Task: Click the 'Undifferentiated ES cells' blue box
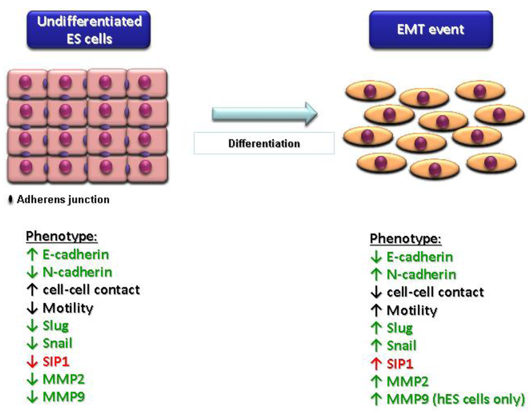tap(89, 30)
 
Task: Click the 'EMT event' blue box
tap(431, 30)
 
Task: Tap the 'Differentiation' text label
tap(264, 143)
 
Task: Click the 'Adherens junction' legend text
tap(63, 200)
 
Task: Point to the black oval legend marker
tap(11, 200)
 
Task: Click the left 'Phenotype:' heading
tap(62, 237)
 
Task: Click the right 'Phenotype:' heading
tap(406, 239)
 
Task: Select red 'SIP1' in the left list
tap(56, 361)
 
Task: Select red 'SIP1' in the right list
tap(400, 364)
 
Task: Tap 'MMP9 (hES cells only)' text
tap(456, 400)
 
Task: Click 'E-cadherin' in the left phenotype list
tap(75, 255)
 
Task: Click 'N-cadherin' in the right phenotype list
tap(421, 274)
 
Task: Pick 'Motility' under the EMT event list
tap(411, 311)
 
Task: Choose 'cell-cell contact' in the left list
tap(91, 290)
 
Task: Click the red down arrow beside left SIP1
tap(32, 362)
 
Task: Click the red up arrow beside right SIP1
tap(376, 364)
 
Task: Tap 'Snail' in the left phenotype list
tap(57, 343)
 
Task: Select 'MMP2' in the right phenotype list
tap(407, 382)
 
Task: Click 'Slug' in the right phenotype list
tap(400, 328)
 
